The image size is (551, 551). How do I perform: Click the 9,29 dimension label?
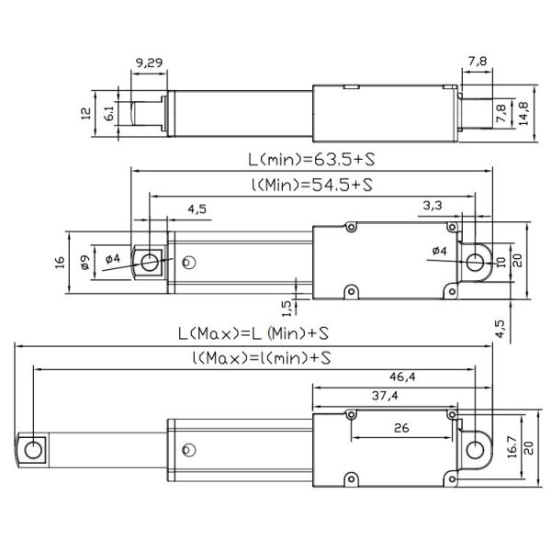(x=149, y=62)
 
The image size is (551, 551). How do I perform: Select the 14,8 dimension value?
(x=523, y=114)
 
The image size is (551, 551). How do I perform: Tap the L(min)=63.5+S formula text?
(x=311, y=160)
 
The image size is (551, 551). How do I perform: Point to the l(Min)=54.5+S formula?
(x=312, y=185)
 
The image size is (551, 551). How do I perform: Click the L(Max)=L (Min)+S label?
(x=253, y=333)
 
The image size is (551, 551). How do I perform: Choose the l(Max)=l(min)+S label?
(x=262, y=358)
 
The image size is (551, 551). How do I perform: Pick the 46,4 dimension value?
(x=402, y=377)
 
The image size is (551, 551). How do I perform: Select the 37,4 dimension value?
(x=385, y=396)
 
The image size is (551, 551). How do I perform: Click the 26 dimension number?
(x=401, y=428)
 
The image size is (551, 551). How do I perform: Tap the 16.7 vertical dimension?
(x=512, y=446)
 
